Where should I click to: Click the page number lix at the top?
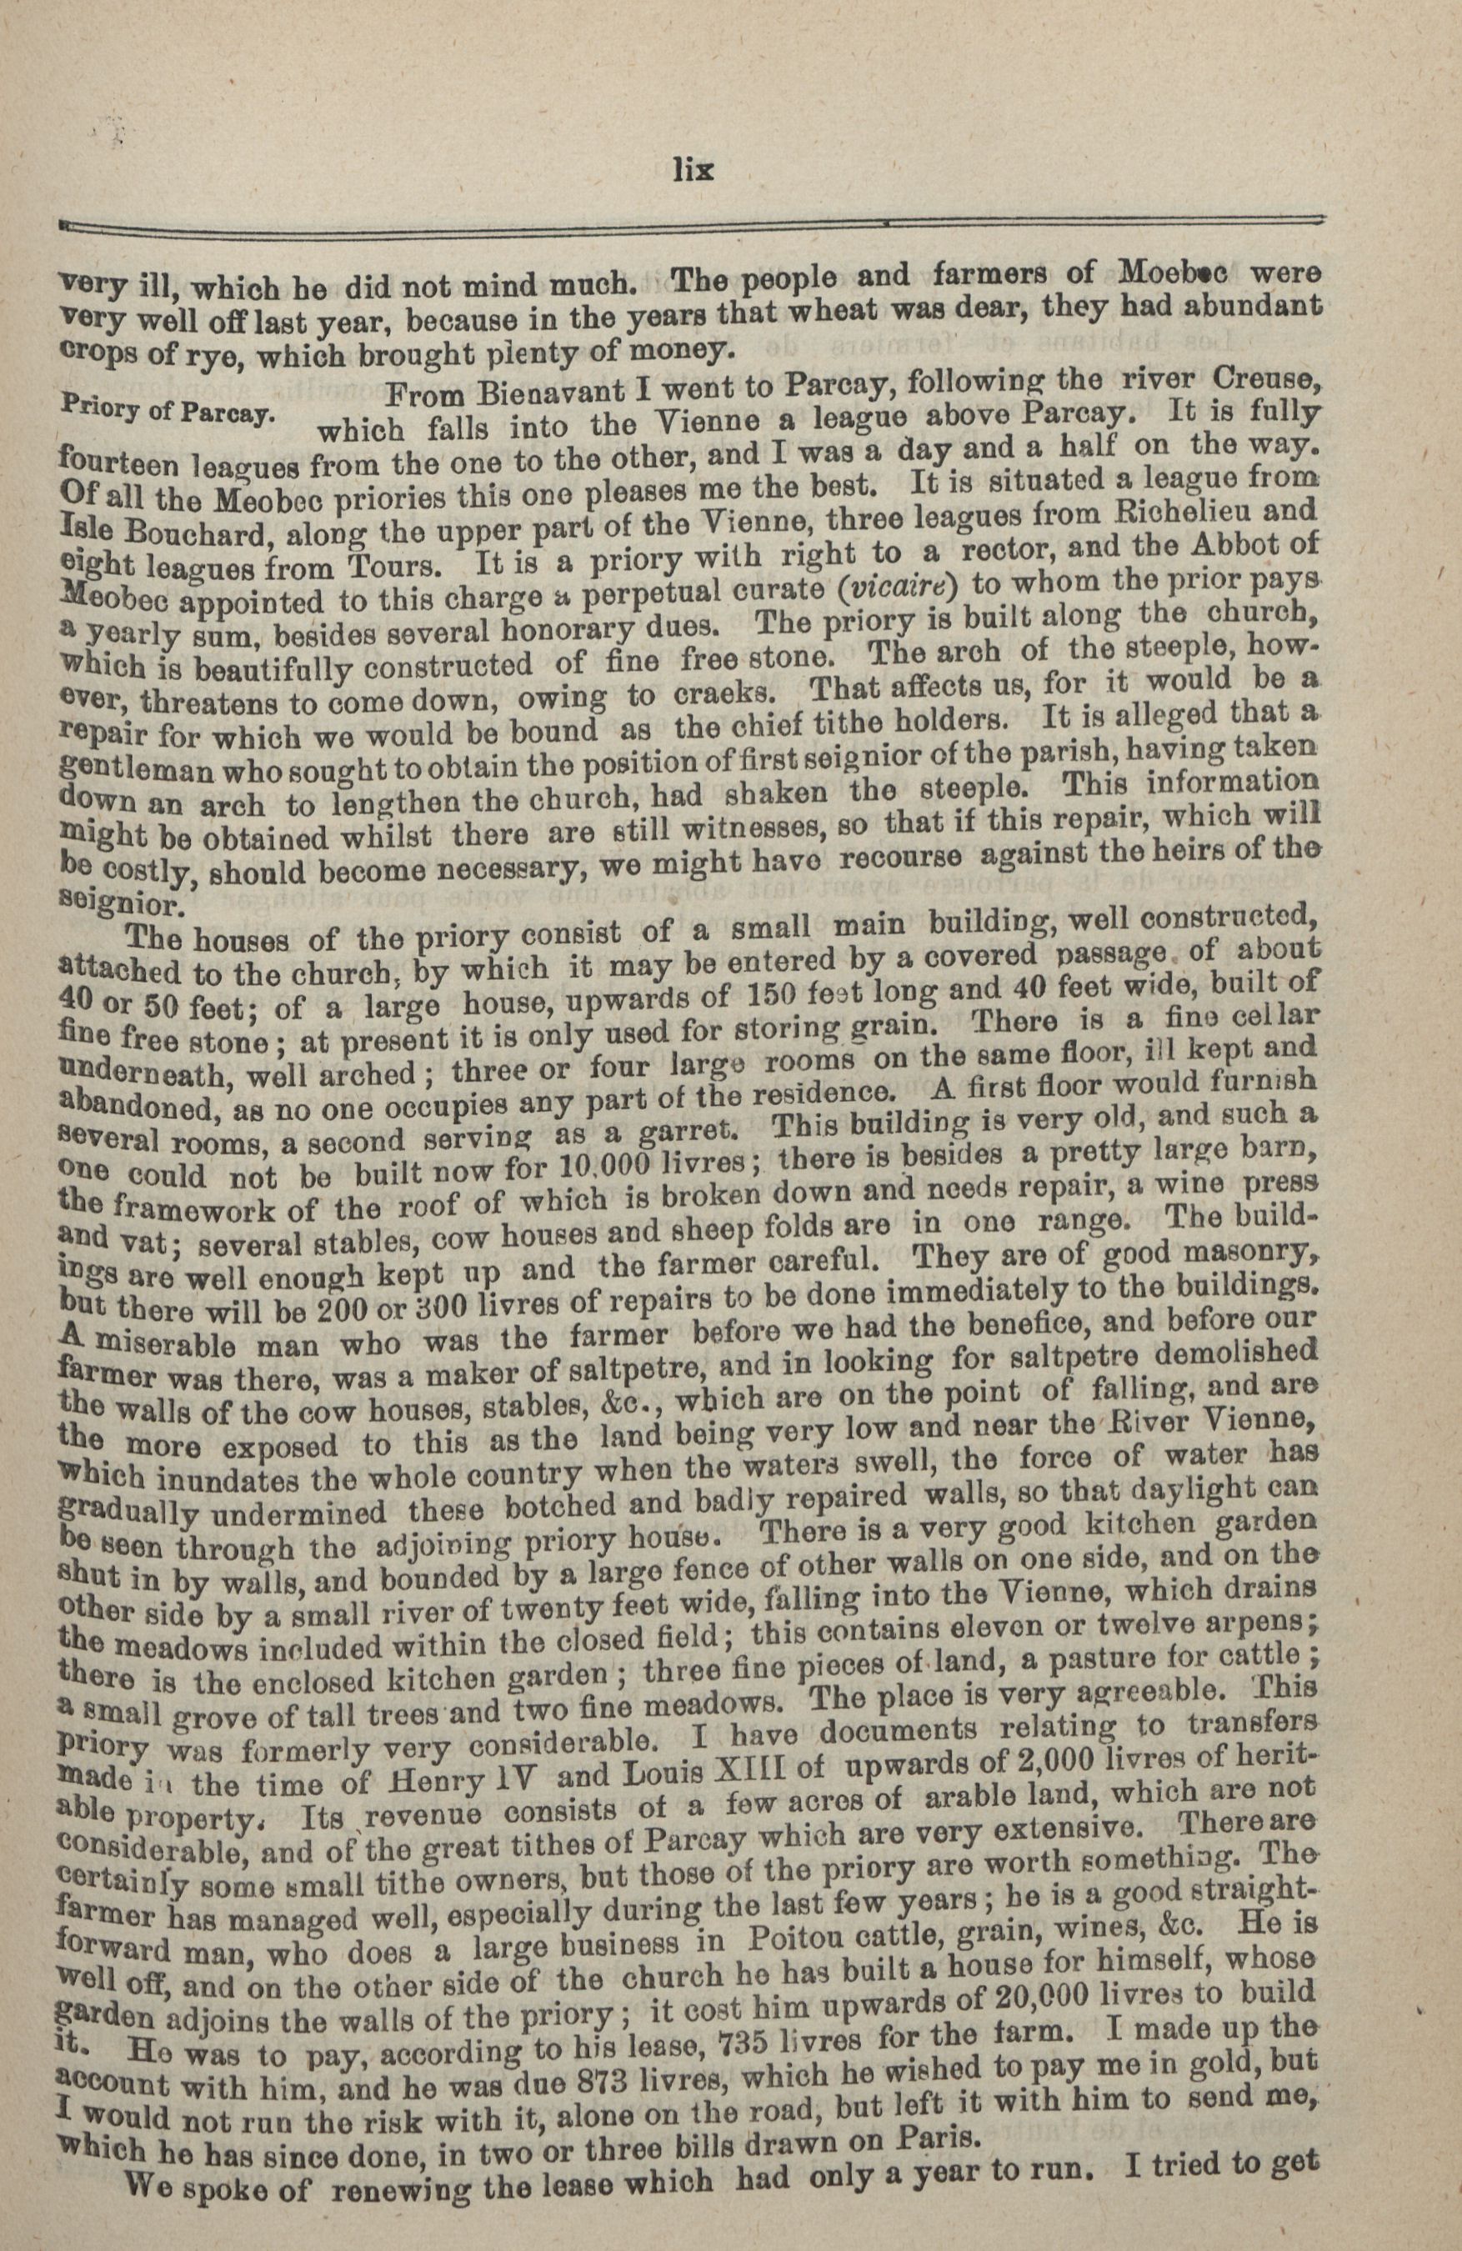(x=693, y=170)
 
